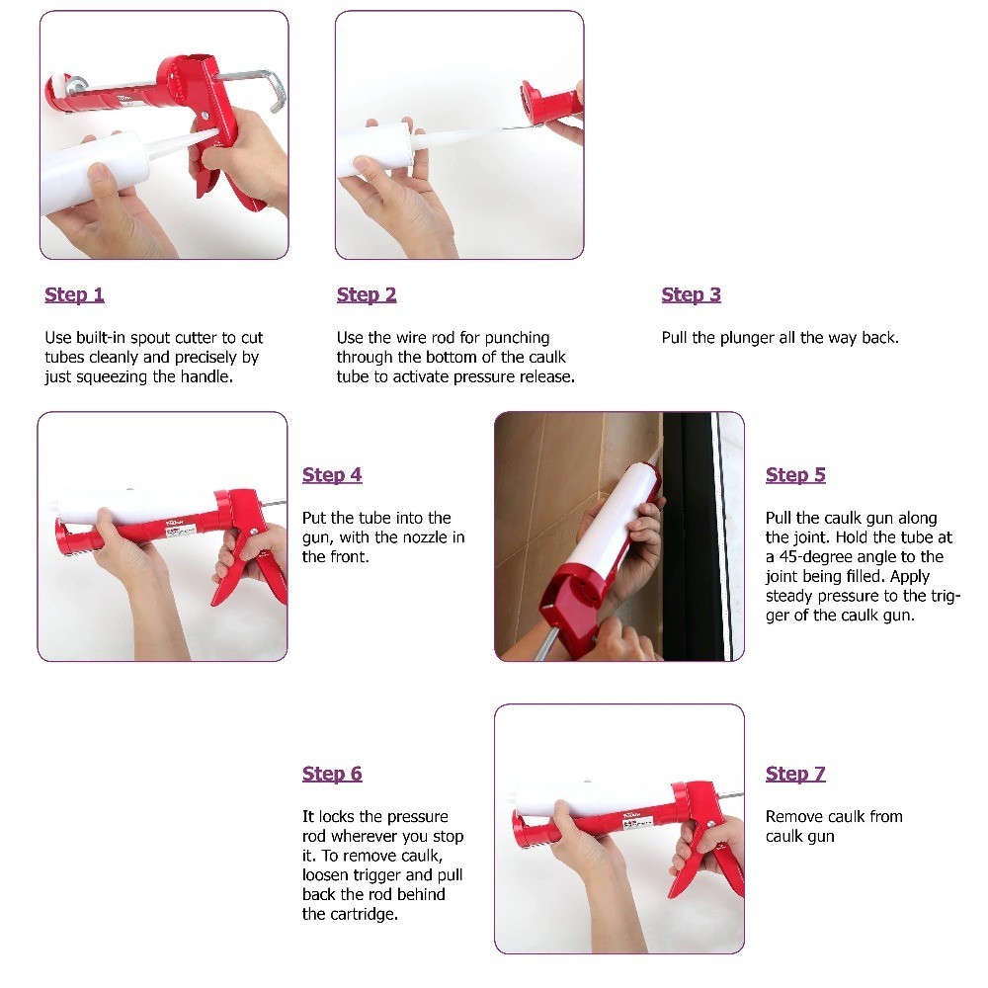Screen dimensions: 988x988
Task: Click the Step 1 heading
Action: pos(74,294)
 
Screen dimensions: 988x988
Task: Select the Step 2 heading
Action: pos(367,294)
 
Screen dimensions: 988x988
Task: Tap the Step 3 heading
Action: pos(692,294)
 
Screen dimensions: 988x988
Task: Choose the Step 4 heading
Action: pos(332,475)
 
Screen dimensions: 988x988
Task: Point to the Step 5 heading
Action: pos(795,475)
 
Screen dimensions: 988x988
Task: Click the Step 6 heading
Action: pos(332,774)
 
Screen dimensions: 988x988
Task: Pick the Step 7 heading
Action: pos(795,774)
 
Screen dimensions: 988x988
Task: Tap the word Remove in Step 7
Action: pos(791,817)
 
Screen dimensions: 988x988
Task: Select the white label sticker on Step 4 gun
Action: pos(180,532)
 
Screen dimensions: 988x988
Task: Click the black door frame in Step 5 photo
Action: pos(688,536)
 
